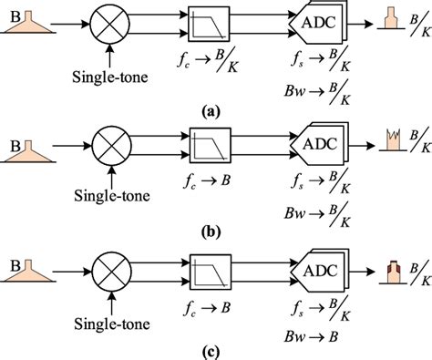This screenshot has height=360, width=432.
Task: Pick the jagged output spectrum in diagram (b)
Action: [386, 140]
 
